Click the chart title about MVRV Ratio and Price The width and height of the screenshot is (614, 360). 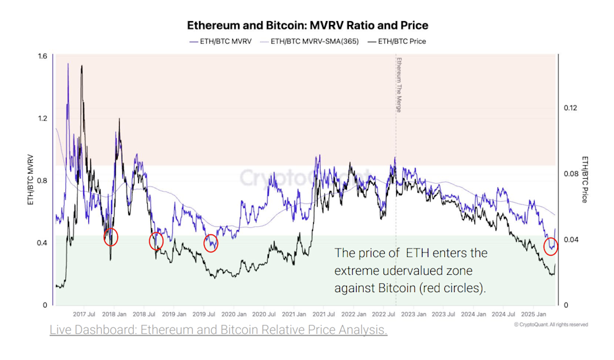tap(307, 26)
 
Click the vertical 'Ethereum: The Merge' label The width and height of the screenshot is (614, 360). tap(398, 85)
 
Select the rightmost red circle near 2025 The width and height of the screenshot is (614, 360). tap(551, 246)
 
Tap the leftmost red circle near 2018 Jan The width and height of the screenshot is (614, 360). tap(111, 236)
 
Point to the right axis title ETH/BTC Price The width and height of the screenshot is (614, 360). tap(584, 179)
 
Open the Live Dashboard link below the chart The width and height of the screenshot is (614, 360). tap(218, 331)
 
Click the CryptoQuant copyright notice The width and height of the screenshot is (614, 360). tap(550, 325)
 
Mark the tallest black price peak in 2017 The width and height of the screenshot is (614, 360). tap(81, 66)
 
